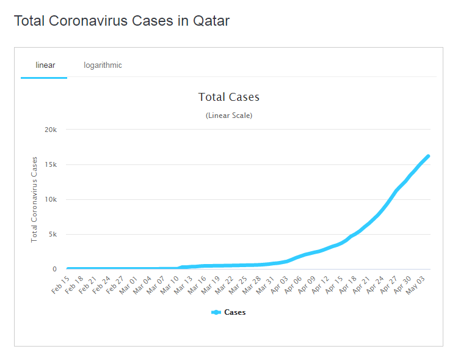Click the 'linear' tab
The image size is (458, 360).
[x=45, y=65]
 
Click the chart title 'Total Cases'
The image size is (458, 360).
[x=229, y=97]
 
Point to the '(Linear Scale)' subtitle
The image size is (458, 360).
[x=229, y=116]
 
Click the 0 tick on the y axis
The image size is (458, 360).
[x=54, y=269]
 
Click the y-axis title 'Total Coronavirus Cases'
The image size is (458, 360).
[x=34, y=199]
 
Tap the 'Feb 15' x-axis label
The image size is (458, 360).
[x=61, y=284]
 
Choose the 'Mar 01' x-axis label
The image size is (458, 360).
[x=129, y=284]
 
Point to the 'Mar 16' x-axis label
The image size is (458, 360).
[x=197, y=284]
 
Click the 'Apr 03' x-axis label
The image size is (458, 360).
[x=279, y=284]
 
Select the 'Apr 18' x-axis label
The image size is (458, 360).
[x=347, y=284]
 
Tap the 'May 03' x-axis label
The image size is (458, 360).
[x=415, y=284]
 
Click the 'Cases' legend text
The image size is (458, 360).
[x=235, y=312]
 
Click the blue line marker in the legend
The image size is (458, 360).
[x=216, y=312]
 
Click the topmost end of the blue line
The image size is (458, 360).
[x=428, y=156]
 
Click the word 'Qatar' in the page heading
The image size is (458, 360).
[x=211, y=21]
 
